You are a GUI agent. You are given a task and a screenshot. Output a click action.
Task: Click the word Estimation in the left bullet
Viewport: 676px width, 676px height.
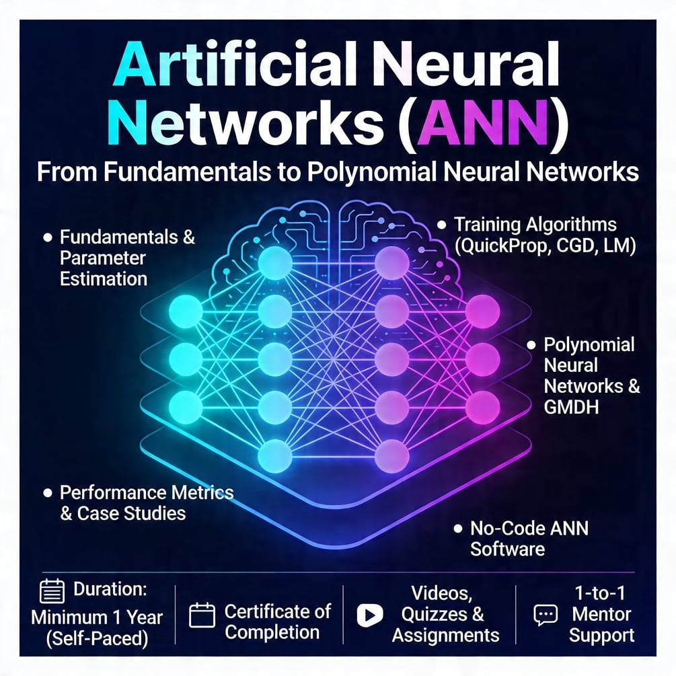(104, 278)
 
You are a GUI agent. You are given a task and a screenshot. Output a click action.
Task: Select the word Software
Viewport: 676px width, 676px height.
(507, 549)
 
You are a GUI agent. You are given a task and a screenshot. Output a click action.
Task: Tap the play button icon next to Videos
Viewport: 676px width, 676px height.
(371, 613)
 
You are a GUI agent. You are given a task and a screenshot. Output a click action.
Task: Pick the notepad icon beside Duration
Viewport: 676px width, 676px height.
(52, 591)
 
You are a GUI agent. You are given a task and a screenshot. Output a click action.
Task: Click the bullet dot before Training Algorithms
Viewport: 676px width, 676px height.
(441, 225)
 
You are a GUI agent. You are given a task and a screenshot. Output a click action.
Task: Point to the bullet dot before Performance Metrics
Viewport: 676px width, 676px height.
(47, 493)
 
